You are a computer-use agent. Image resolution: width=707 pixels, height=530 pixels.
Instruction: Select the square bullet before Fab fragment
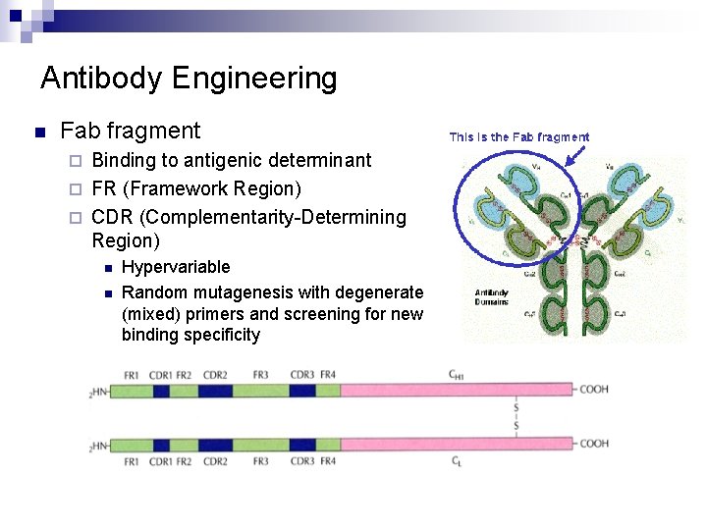pos(38,132)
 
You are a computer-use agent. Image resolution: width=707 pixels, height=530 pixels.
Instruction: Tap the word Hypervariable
pos(176,267)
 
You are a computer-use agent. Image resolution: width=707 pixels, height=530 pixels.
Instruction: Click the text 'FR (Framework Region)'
pos(196,188)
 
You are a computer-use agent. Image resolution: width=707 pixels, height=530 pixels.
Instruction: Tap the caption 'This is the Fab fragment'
pos(519,137)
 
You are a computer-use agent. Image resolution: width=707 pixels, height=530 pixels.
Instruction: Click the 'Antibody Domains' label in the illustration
pos(491,297)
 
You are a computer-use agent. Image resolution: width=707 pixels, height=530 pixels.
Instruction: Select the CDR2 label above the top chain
pos(215,375)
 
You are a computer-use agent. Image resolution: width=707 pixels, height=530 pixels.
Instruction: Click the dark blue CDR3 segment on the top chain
pos(302,391)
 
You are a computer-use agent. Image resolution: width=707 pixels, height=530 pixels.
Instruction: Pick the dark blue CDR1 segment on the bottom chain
pos(161,445)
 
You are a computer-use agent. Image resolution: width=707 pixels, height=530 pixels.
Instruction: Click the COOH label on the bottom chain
pos(593,444)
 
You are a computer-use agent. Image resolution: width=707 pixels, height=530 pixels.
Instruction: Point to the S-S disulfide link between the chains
pos(517,417)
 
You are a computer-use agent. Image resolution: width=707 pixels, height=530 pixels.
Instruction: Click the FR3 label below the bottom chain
pos(260,461)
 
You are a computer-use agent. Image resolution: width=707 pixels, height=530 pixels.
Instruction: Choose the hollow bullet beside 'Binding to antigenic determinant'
pos(80,160)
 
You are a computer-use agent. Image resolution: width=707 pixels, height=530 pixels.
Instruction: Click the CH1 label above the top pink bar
pos(457,374)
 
